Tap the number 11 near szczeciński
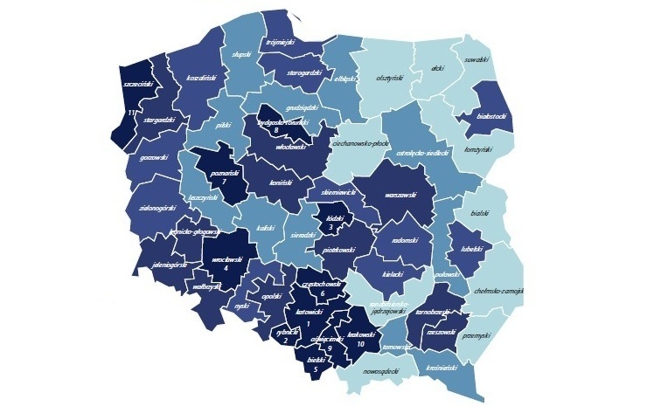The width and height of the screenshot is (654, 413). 131,112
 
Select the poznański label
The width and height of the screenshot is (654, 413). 225,173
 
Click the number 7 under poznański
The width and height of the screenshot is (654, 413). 225,182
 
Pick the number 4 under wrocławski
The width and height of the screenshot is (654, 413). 227,268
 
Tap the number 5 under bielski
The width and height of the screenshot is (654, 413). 316,369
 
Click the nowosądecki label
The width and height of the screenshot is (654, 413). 379,371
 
